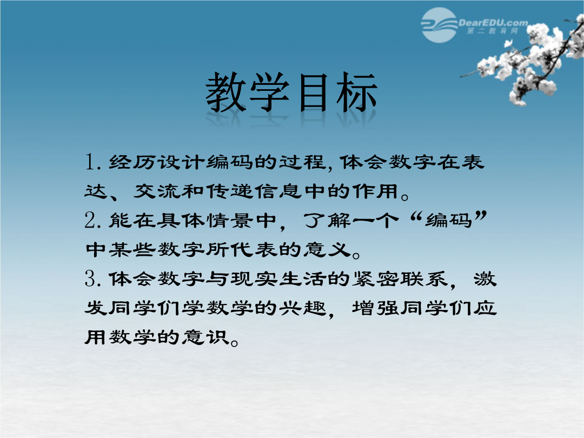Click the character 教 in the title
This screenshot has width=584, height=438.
226,92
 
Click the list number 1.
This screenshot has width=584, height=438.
90,162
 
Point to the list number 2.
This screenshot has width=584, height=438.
90,220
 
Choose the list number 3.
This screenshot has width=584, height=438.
90,278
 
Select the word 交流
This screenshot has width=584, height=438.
156,191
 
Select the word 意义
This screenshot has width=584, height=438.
327,249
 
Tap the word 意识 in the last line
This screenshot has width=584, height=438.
205,337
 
